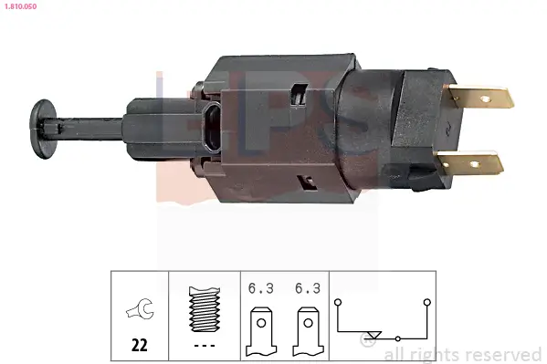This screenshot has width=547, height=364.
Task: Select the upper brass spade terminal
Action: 482,96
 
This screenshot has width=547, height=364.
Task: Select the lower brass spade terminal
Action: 471,165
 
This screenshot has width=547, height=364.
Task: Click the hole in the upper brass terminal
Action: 495,94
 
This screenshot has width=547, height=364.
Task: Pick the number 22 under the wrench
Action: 140,346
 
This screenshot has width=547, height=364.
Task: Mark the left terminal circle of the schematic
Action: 337,300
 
